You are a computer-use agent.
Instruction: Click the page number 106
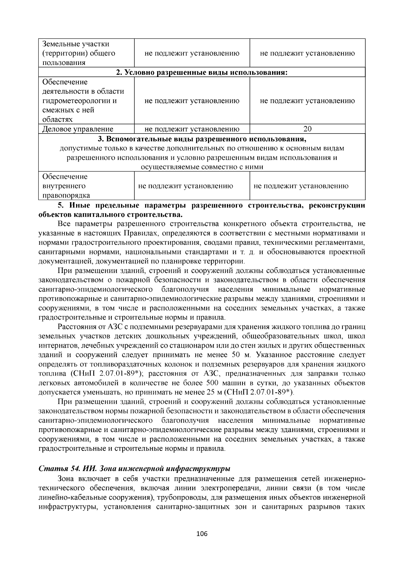tap(202, 534)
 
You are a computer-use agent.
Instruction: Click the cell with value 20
tap(307, 129)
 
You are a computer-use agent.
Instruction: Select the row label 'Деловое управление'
tap(78, 129)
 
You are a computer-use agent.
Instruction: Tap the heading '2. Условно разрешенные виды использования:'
tap(202, 72)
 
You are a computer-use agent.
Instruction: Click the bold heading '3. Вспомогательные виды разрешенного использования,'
tap(202, 139)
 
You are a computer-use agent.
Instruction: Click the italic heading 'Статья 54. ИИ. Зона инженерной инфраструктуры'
tap(134, 469)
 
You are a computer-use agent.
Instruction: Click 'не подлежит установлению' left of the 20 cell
tap(192, 129)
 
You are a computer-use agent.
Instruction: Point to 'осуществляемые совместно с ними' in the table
tap(202, 167)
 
